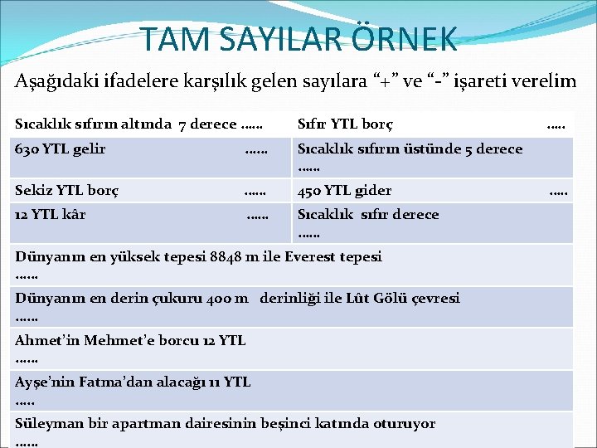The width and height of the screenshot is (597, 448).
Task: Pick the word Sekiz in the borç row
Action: pyautogui.click(x=32, y=191)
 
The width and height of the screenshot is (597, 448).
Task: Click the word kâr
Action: pyautogui.click(x=74, y=214)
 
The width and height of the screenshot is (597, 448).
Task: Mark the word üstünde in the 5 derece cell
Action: pyautogui.click(x=429, y=149)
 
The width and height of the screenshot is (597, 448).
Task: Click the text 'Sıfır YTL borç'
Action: pyautogui.click(x=345, y=124)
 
